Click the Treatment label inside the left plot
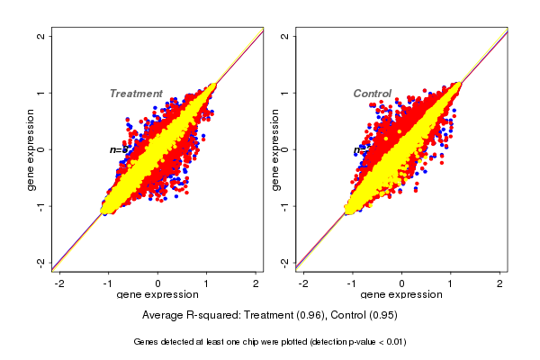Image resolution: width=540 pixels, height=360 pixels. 135,94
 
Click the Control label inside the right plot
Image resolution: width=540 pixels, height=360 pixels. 372,94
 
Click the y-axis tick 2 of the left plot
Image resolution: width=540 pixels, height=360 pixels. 40,36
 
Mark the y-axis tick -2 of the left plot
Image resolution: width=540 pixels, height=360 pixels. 40,262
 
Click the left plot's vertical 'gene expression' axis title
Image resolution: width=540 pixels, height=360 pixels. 31,149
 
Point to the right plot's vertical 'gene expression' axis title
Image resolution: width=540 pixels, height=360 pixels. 275,149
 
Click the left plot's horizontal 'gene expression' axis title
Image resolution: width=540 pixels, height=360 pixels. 157,295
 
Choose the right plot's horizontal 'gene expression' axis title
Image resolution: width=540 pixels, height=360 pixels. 401,295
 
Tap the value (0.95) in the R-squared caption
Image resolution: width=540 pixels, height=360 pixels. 382,316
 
